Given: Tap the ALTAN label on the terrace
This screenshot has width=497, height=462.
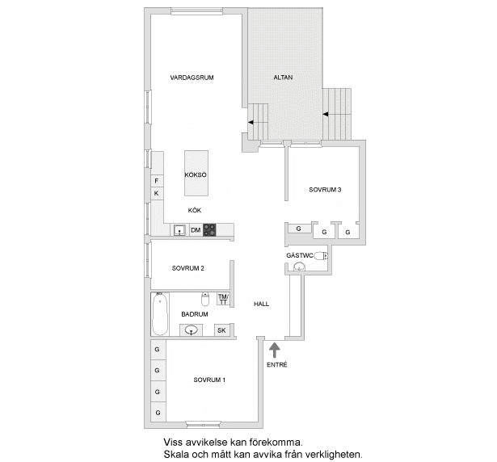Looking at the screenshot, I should (x=283, y=78).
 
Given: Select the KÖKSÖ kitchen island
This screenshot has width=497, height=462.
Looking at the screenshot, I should (x=196, y=173).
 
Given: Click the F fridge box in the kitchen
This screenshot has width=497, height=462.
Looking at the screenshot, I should (x=156, y=181).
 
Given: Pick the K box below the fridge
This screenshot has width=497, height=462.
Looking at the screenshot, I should (x=156, y=193).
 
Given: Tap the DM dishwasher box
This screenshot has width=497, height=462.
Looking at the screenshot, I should (x=195, y=230).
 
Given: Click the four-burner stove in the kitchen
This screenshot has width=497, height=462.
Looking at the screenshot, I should (x=209, y=230).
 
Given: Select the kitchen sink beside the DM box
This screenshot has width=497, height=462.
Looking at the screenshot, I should (x=179, y=230).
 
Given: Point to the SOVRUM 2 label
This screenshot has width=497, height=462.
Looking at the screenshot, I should (x=187, y=268).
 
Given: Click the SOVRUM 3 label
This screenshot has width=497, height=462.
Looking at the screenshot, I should (x=325, y=191).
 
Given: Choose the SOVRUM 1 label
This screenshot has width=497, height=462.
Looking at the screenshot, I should (x=209, y=380).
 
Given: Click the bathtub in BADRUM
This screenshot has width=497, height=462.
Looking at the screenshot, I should (x=159, y=316).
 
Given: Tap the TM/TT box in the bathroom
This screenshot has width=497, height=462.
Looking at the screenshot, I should (x=223, y=300).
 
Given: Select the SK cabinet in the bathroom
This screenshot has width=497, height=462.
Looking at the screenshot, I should (x=221, y=330).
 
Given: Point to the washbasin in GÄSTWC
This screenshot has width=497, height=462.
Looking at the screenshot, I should (x=300, y=267).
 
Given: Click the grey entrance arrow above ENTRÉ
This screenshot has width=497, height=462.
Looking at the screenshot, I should (x=274, y=349).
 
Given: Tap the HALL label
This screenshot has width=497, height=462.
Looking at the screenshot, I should (x=261, y=304).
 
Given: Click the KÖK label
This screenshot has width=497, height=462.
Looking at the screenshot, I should (x=195, y=210).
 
